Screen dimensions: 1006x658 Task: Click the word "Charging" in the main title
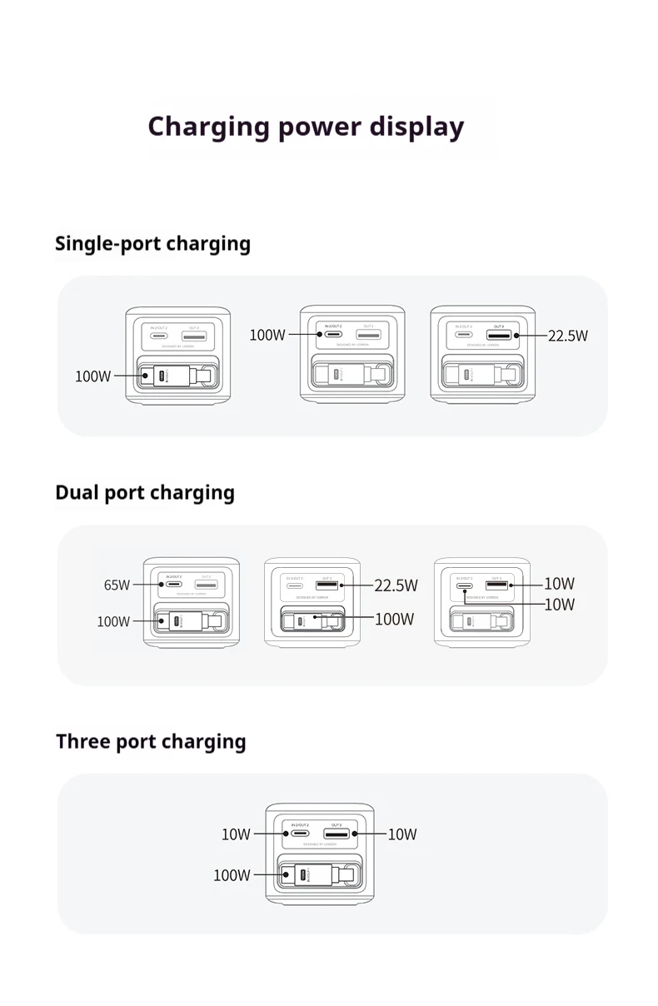208,127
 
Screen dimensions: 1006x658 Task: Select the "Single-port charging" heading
152,244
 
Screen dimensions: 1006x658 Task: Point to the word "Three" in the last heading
82,741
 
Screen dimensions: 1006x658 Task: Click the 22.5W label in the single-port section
567,336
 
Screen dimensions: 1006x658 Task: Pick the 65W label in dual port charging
117,585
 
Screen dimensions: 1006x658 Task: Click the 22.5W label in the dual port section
396,585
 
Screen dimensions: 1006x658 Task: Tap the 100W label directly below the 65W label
113,621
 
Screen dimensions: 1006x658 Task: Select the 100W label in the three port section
232,875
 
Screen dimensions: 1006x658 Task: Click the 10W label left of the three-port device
236,834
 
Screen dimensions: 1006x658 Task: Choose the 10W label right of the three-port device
401,834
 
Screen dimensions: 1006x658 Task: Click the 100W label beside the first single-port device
92,376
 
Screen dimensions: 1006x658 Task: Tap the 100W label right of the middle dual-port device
394,619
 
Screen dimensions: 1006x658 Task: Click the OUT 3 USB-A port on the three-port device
336,834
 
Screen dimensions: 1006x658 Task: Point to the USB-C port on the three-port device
300,834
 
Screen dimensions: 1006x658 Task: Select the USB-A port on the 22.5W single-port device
500,335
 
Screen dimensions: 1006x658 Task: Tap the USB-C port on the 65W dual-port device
174,585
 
